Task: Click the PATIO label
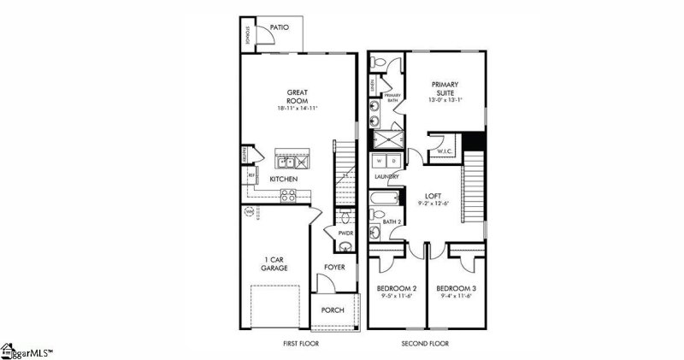pyautogui.click(x=279, y=28)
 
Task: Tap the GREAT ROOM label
pyautogui.click(x=297, y=96)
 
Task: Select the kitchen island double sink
pyautogui.click(x=286, y=161)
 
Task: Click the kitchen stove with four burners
pyautogui.click(x=288, y=196)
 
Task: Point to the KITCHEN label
pyautogui.click(x=284, y=179)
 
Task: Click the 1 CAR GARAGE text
pyautogui.click(x=274, y=263)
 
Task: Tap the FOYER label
pyautogui.click(x=334, y=267)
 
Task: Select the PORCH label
pyautogui.click(x=333, y=309)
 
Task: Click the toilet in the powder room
pyautogui.click(x=345, y=247)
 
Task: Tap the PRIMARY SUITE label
pyautogui.click(x=445, y=89)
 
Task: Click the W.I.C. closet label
pyautogui.click(x=445, y=152)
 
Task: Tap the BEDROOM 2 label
pyautogui.click(x=397, y=289)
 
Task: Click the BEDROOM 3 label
pyautogui.click(x=456, y=289)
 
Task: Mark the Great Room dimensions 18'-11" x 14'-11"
pyautogui.click(x=297, y=109)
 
